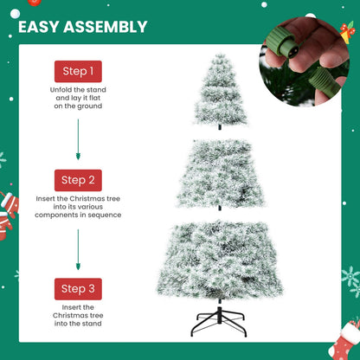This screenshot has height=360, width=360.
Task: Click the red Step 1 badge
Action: coord(78,71)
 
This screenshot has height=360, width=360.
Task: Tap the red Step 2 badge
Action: coord(78,180)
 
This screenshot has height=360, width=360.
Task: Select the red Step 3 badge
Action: coord(78,288)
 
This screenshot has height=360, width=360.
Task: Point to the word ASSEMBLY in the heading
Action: coord(111,27)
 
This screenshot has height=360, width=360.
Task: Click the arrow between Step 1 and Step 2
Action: coord(78,138)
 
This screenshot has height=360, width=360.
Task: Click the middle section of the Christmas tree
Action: coord(217,173)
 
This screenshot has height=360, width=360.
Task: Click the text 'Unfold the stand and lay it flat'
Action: coord(78,94)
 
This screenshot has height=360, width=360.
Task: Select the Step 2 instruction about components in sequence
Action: coord(78,209)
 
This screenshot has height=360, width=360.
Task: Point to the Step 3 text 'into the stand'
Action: coord(78,324)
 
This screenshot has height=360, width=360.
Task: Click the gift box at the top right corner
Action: coord(348,34)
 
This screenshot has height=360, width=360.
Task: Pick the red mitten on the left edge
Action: coord(8,208)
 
